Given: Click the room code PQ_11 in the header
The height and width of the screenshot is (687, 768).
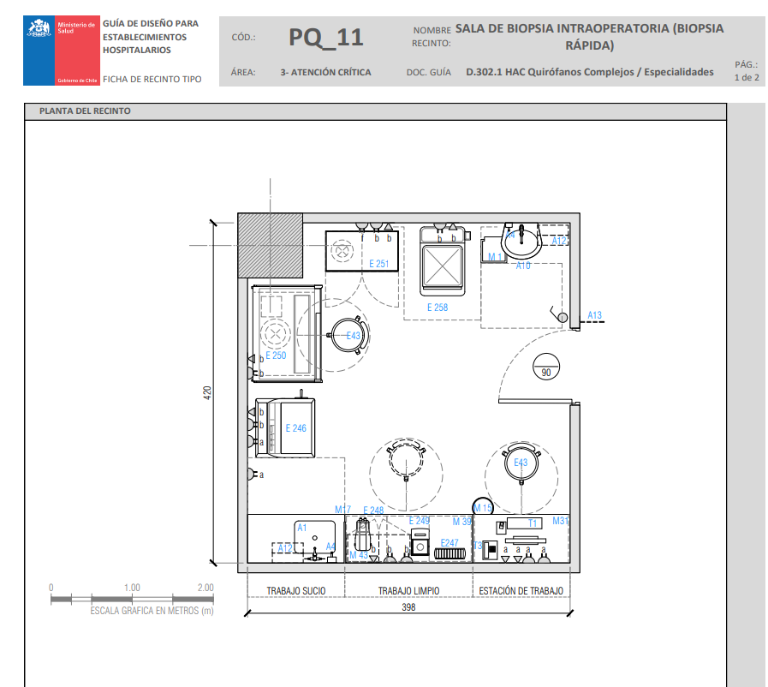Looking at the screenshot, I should [325, 38].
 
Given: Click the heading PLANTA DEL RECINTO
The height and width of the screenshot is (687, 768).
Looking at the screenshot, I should [85, 111].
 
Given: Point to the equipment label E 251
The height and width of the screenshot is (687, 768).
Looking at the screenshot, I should [378, 264].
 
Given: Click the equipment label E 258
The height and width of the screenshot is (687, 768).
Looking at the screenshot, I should [438, 307].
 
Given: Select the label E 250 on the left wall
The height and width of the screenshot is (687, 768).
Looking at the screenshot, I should [276, 355].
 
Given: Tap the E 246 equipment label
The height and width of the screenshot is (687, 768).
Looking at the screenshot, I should [295, 428].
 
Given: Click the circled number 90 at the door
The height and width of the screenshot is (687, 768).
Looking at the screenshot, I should [546, 372].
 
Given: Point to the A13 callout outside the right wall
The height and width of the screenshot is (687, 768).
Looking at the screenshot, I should [594, 316].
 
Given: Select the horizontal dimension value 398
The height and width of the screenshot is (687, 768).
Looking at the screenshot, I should [408, 607].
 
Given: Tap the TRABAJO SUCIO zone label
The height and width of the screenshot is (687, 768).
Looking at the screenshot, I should [295, 591].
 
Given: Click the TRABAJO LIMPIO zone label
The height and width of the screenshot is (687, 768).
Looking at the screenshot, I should [408, 591].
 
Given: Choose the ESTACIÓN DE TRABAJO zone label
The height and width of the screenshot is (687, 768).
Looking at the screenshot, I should [521, 591].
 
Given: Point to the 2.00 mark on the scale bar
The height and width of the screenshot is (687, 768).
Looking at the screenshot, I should [205, 588].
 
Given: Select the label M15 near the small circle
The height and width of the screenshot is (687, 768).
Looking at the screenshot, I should [483, 509].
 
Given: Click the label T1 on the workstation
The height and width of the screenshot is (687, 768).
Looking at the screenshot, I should [532, 522].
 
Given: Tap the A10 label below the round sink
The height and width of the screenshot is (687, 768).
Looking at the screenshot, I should [523, 266].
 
